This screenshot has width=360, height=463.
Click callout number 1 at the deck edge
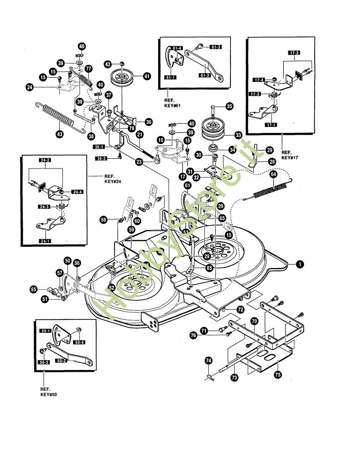(300, 264)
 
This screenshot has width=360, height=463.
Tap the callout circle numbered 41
(147, 76)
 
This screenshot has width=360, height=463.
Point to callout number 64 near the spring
(273, 174)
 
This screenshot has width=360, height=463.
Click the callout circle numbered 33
(238, 135)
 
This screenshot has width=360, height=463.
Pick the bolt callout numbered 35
(230, 106)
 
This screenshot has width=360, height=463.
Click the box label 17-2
(294, 52)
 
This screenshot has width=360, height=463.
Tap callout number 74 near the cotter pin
(209, 360)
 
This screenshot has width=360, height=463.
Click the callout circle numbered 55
(34, 289)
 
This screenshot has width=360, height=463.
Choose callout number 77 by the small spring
(88, 69)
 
